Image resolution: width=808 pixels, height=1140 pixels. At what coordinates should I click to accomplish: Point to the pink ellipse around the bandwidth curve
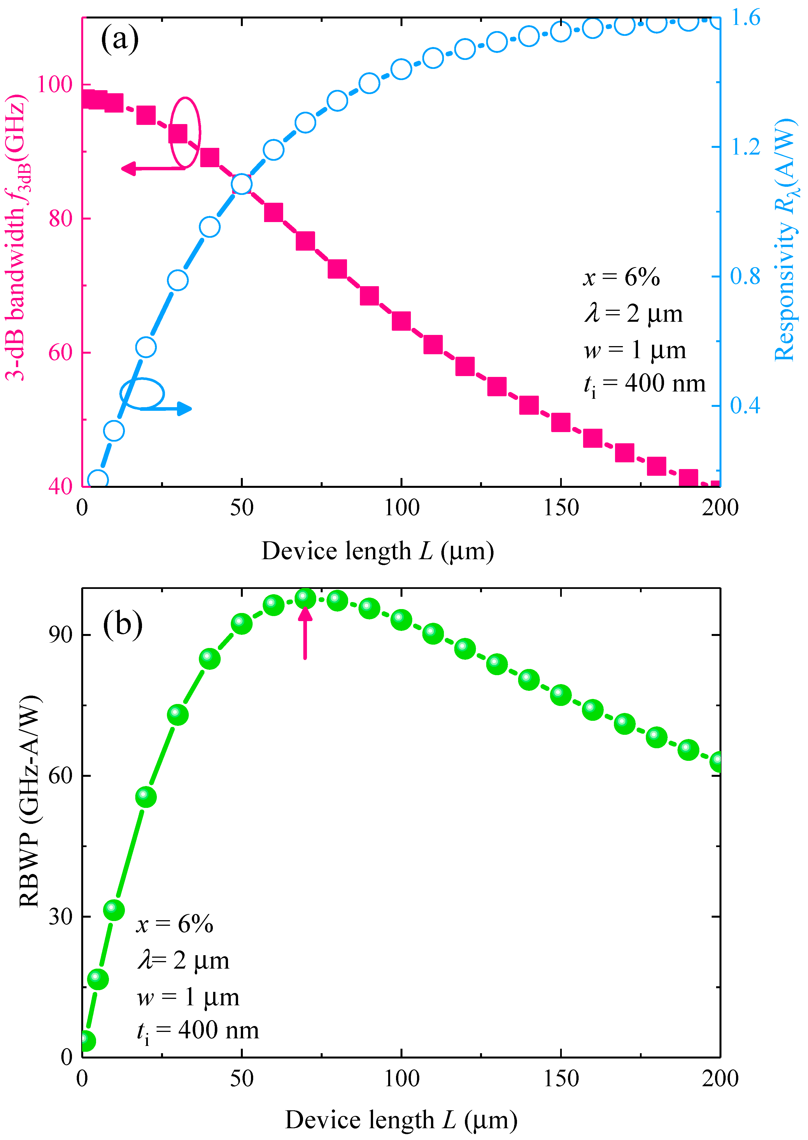point(185,132)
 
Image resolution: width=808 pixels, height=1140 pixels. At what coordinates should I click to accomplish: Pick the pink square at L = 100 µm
point(401,321)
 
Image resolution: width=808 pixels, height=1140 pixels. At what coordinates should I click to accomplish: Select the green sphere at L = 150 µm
point(561,695)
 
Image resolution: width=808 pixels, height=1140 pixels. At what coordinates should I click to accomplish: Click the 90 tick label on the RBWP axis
point(60,635)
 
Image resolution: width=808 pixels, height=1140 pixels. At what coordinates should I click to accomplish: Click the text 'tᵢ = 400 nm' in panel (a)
point(644,384)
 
